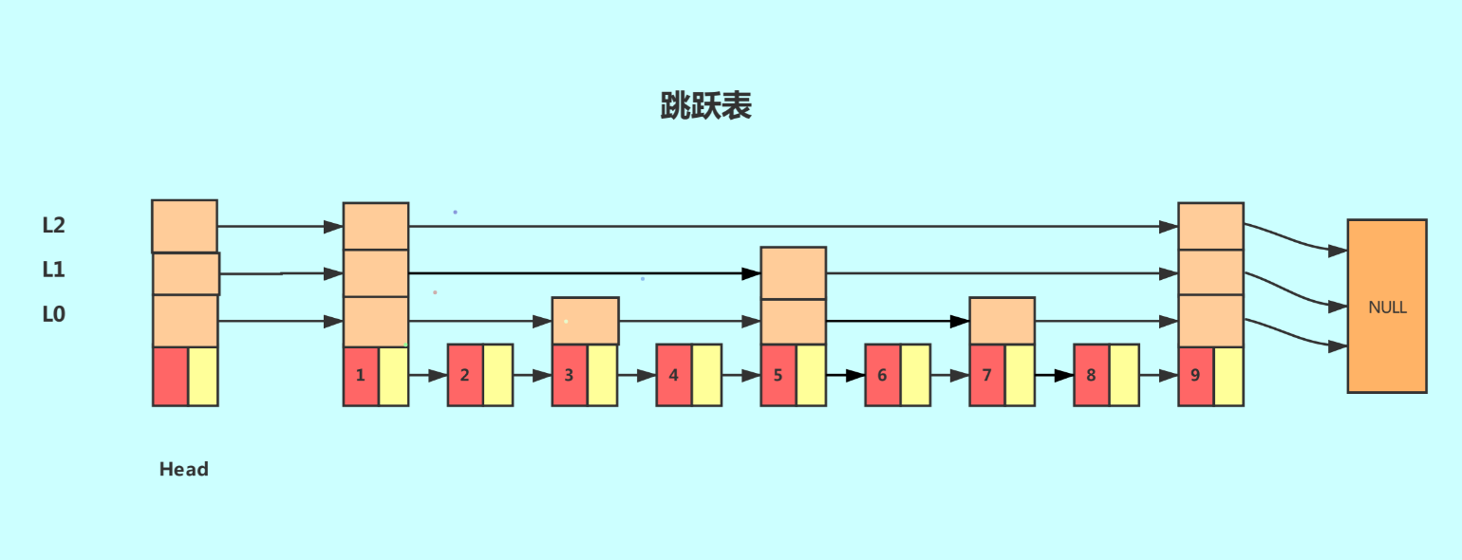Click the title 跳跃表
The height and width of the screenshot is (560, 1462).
coord(706,105)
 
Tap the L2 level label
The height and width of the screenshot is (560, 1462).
coord(53,225)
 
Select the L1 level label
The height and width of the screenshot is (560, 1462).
coord(53,270)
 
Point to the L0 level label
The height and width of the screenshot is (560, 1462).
coord(53,314)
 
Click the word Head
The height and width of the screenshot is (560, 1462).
coord(184,469)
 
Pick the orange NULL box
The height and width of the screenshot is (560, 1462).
coord(1387,307)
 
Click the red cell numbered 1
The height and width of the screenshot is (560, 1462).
coord(361,376)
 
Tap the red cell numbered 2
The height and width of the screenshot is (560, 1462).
coord(465,375)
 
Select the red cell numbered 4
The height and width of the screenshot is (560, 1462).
coord(674,375)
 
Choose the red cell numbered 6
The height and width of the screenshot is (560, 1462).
coord(883,375)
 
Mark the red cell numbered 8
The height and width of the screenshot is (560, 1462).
coord(1092,375)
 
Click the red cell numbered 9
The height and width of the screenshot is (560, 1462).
coord(1196,376)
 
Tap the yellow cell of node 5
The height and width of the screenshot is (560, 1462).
coord(812,375)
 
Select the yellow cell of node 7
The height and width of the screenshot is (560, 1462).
coord(1021,375)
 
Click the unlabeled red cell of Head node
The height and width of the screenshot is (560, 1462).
coord(170,376)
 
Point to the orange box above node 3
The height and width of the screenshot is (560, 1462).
coord(586,321)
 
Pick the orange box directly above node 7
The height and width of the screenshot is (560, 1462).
coord(1003,321)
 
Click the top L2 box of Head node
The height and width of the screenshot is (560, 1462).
coord(185,226)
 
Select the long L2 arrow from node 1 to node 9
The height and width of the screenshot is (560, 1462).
coord(794,227)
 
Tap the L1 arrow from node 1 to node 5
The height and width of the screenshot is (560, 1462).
coord(585,273)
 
